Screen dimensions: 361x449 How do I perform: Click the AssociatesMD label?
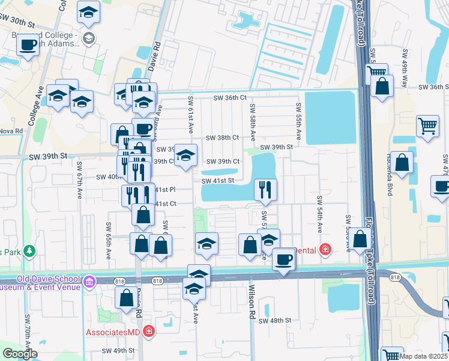click(112, 332)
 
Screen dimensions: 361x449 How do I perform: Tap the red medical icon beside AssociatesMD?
click(148, 332)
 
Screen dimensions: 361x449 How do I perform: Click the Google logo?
click(20, 353)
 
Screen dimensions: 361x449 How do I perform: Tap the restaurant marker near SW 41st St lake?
click(265, 190)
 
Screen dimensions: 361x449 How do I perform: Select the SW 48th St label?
click(275, 321)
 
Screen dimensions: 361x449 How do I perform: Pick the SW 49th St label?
click(118, 350)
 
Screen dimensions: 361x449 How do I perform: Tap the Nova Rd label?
click(11, 131)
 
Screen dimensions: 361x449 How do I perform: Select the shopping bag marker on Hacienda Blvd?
click(402, 162)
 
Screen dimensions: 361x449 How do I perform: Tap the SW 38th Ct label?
click(223, 138)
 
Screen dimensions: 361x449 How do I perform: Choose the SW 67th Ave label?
click(79, 180)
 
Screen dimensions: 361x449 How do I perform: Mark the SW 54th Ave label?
click(320, 215)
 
